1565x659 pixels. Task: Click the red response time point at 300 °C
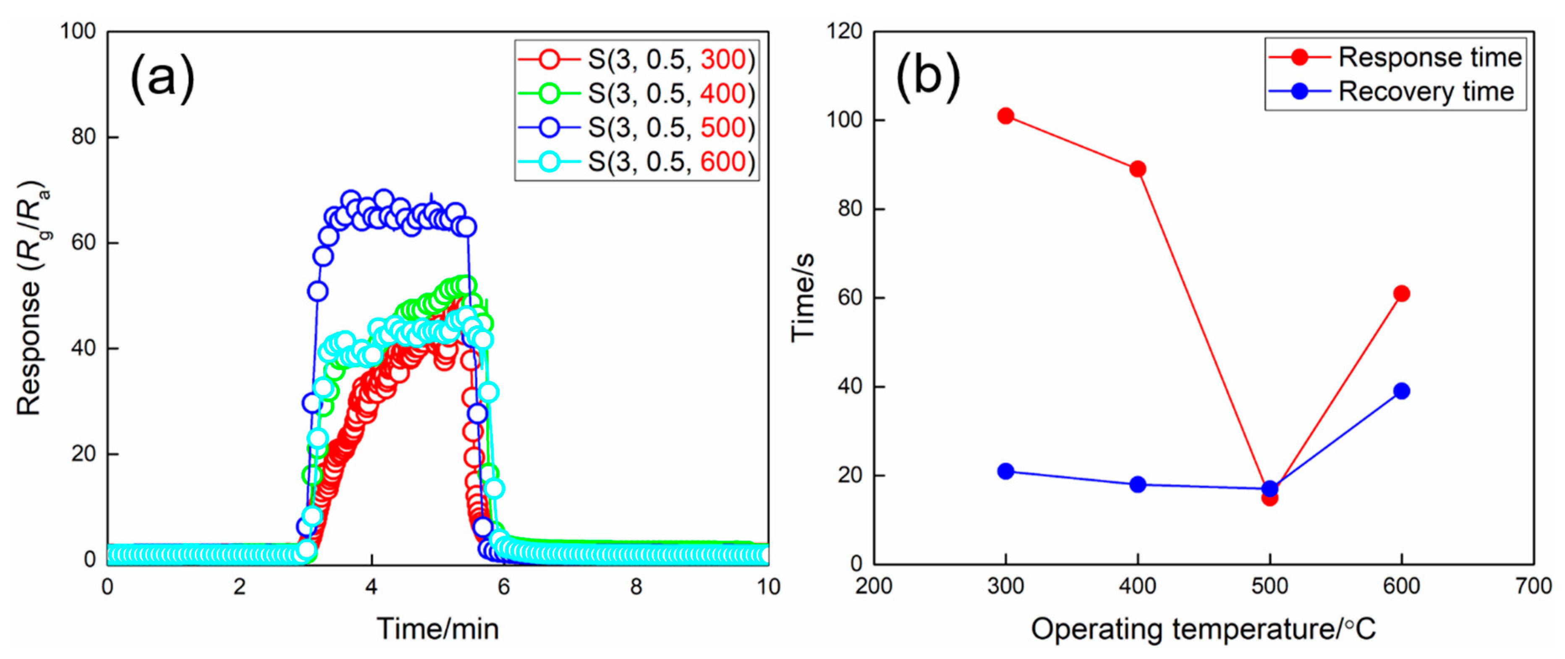pos(1005,116)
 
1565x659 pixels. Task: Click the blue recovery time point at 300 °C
pos(1005,471)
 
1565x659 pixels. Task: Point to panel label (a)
pos(162,78)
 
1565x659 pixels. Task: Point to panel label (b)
pos(928,78)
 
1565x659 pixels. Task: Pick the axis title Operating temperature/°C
pos(1203,629)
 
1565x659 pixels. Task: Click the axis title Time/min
pos(437,629)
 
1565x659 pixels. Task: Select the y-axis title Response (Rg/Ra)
pos(31,298)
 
